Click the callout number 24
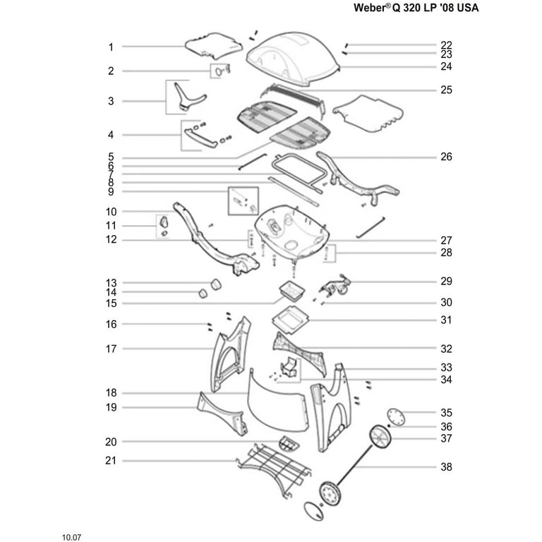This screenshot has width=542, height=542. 446,66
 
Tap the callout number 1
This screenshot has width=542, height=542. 111,47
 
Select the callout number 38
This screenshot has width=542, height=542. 446,467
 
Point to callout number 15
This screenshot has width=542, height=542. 111,303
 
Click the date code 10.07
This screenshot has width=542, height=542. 71,538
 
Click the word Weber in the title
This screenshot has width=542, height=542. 370,8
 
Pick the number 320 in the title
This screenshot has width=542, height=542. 412,8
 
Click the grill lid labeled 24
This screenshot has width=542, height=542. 293,59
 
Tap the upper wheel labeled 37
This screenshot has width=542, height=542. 380,438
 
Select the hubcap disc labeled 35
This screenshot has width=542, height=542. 396,417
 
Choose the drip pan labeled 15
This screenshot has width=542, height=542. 292,290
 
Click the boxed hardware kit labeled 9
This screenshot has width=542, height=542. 243,201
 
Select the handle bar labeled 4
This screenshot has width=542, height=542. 200,138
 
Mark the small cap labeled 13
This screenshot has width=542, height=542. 216,285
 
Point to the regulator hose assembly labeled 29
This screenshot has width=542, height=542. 335,285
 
